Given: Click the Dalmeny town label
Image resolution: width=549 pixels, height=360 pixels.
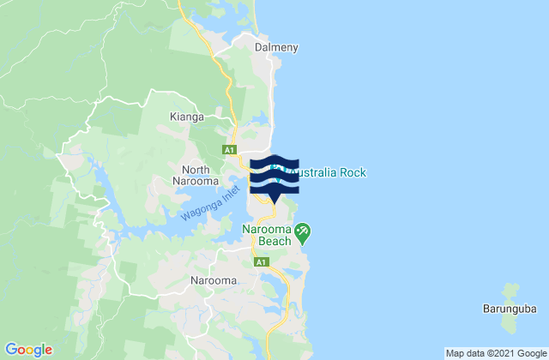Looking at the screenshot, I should [x=276, y=48].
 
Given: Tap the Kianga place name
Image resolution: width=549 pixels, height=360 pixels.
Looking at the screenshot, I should [x=186, y=116].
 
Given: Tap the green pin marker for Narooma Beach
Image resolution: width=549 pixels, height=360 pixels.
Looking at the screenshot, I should [x=302, y=231].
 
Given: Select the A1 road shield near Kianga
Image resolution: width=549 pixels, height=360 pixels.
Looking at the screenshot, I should [x=229, y=150].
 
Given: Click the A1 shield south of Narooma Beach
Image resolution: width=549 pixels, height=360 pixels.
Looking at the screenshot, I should [x=260, y=262].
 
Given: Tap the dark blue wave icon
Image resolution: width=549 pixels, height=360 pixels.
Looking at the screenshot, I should [x=274, y=176].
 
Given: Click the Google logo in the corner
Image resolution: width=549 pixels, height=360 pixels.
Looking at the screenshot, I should [x=29, y=350].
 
